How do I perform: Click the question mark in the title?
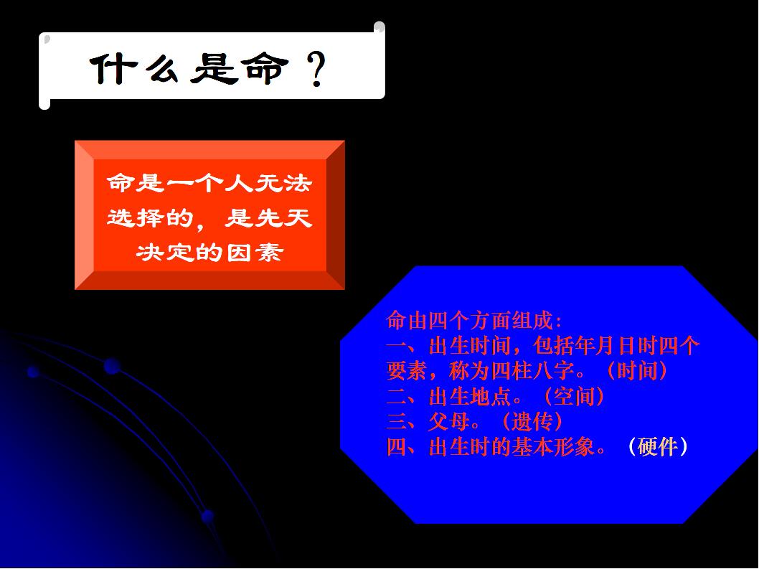pyautogui.click(x=317, y=69)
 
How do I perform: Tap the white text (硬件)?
pyautogui.click(x=657, y=446)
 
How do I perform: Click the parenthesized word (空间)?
pyautogui.click(x=574, y=396)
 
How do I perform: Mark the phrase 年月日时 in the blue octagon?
pyautogui.click(x=616, y=346)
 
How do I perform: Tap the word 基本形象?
pyautogui.click(x=553, y=446)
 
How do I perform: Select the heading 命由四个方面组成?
pyautogui.click(x=470, y=321)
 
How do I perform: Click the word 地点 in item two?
pyautogui.click(x=491, y=396)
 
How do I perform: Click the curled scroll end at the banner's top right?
pyautogui.click(x=379, y=27)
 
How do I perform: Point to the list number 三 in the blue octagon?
pyautogui.click(x=397, y=421)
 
